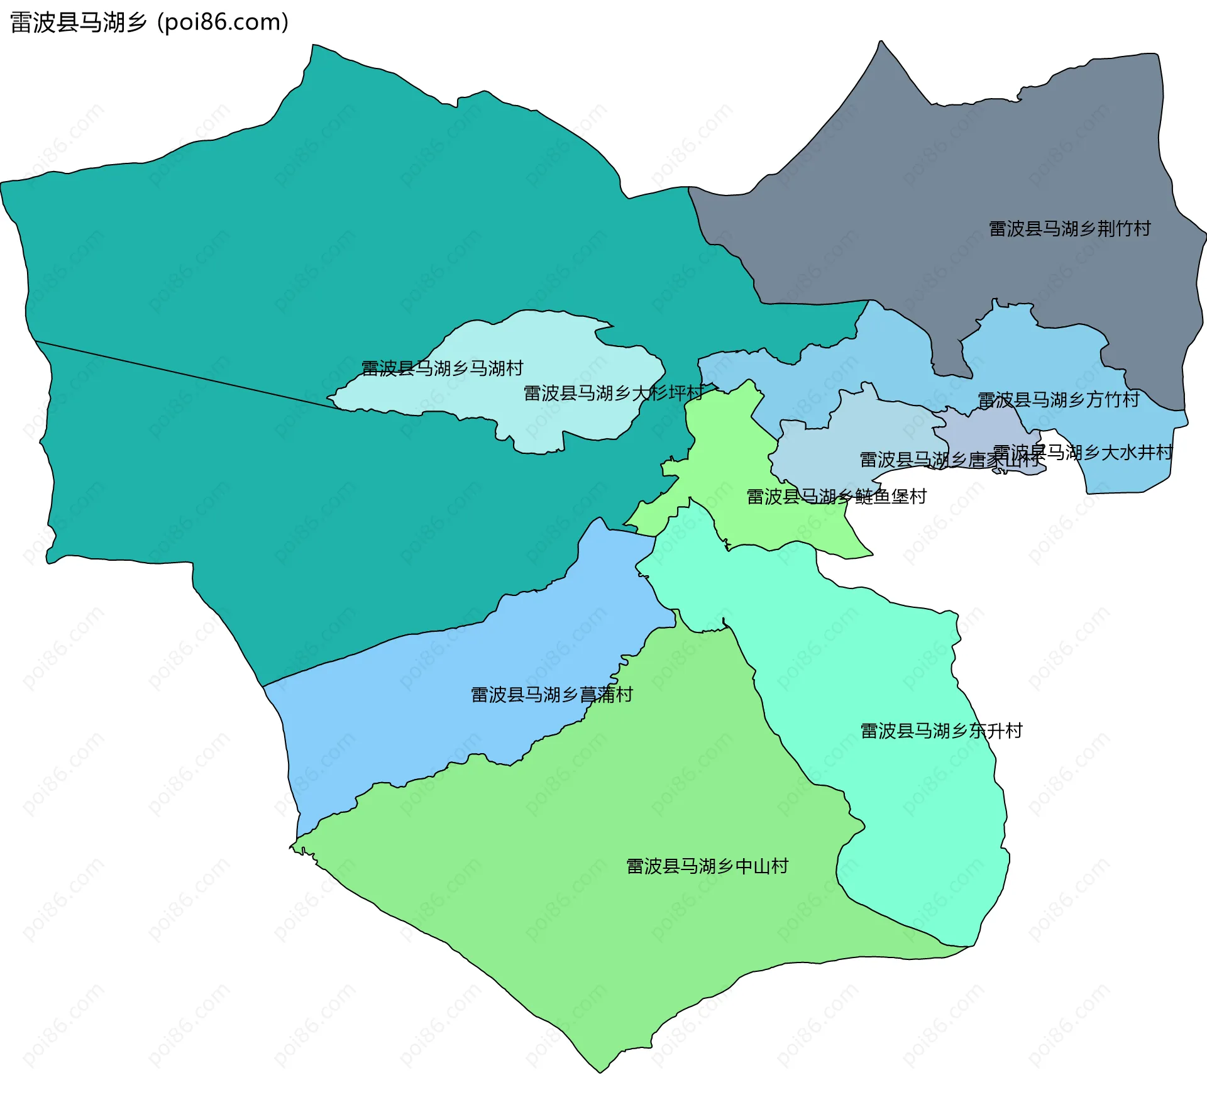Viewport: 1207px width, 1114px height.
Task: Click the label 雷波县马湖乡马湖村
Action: (x=442, y=368)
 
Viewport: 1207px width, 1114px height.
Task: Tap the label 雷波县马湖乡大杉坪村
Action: (x=613, y=394)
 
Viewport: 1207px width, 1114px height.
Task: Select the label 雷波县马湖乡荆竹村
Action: (x=1069, y=229)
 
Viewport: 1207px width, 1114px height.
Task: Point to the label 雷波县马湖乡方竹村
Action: (x=1059, y=400)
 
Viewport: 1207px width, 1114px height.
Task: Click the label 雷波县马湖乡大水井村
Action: (x=1083, y=453)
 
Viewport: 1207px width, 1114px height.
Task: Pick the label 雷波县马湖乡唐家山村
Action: (x=949, y=460)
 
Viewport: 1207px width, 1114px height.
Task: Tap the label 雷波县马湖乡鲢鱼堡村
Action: (x=836, y=497)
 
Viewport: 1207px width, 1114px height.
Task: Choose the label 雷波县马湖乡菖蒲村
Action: (x=551, y=695)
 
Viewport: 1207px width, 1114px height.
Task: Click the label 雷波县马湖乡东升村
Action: (x=941, y=731)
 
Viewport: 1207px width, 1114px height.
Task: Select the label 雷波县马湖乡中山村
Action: (x=707, y=867)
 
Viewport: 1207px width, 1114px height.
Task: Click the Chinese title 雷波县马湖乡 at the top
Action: (x=78, y=23)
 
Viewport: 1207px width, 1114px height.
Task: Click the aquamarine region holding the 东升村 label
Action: (x=880, y=660)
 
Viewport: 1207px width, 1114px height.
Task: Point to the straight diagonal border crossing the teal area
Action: (x=189, y=375)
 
